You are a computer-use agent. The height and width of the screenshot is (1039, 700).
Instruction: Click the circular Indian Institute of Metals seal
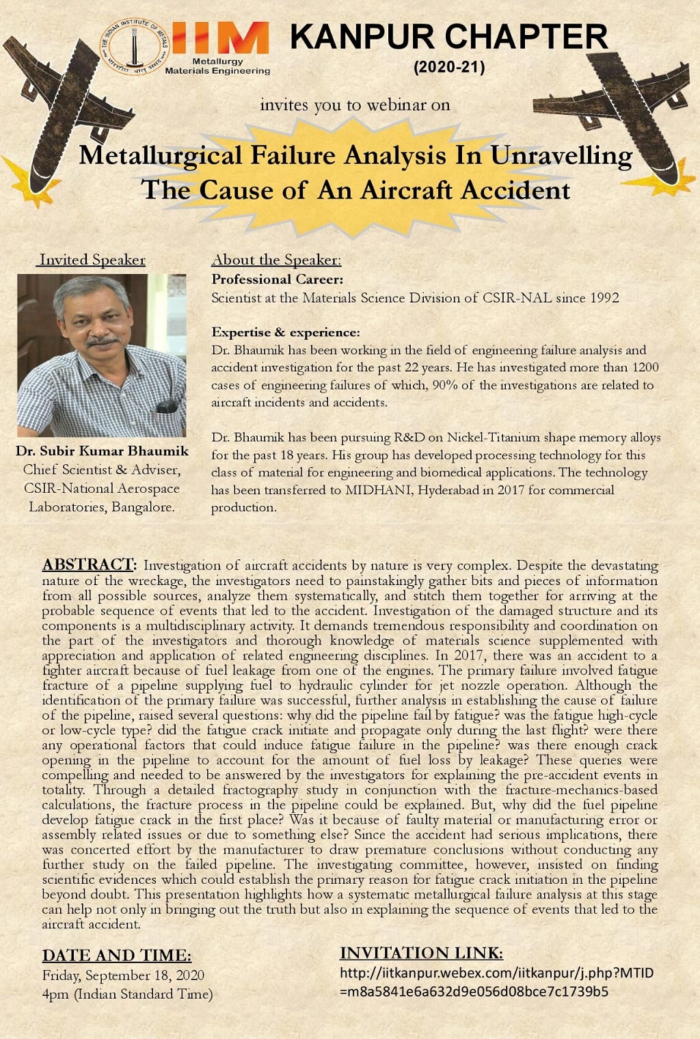click(x=134, y=46)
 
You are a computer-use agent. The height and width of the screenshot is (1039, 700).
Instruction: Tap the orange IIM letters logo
click(x=220, y=38)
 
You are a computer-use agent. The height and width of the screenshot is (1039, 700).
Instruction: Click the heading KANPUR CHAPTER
click(x=448, y=37)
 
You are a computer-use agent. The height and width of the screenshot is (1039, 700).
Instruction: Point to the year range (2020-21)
click(x=449, y=67)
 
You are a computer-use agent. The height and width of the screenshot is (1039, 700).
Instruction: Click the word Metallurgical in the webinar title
click(x=160, y=155)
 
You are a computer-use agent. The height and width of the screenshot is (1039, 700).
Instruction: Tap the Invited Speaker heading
click(x=92, y=260)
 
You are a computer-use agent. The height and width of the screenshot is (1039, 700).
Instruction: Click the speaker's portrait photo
click(x=101, y=355)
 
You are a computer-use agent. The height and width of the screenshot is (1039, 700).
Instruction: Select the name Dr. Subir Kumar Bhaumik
click(x=102, y=451)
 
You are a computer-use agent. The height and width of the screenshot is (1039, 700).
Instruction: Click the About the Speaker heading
click(x=276, y=260)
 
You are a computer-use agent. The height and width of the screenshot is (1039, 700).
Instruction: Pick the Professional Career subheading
click(x=277, y=279)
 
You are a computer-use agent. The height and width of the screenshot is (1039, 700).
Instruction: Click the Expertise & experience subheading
click(x=285, y=332)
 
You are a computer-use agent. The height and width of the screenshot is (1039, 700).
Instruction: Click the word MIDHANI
click(x=379, y=490)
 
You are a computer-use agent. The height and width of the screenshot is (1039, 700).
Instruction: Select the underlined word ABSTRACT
click(x=88, y=565)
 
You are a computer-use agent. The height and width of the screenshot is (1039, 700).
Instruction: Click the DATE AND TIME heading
click(x=116, y=955)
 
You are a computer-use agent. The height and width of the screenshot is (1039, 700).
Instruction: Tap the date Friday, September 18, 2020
click(x=123, y=975)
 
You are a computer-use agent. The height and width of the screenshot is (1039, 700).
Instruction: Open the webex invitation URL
click(x=496, y=982)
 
